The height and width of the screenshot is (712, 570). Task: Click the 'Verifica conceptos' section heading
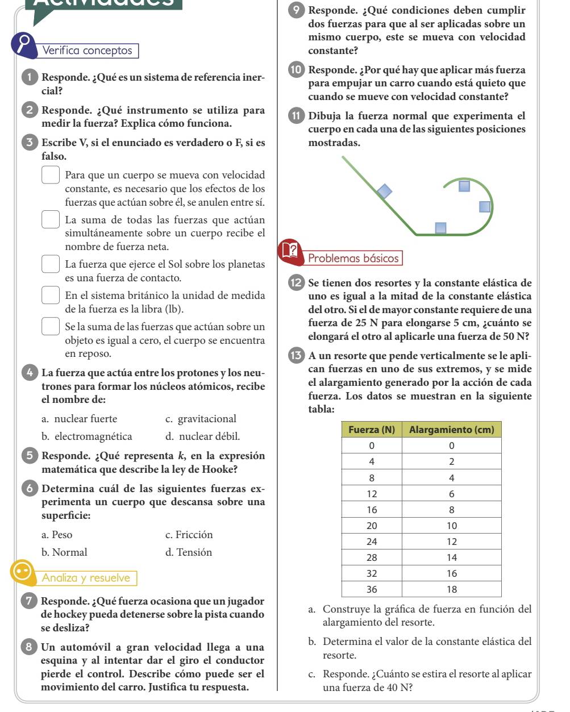tap(88, 51)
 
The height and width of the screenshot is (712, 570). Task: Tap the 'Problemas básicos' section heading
tap(353, 259)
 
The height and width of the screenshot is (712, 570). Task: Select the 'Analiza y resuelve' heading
tap(86, 578)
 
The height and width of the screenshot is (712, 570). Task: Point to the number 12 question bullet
tap(297, 283)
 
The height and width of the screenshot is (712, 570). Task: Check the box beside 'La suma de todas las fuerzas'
tap(51, 219)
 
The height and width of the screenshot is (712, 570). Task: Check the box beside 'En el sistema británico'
tap(51, 295)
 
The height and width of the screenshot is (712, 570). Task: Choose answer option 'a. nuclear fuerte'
tap(80, 419)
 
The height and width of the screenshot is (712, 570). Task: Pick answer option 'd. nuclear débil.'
tap(202, 437)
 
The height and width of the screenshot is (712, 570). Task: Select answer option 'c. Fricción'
tap(189, 535)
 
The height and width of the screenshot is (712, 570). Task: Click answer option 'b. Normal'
tap(65, 552)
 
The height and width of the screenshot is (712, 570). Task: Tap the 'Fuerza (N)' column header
tap(371, 430)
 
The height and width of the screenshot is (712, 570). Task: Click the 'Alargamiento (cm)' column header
tap(452, 430)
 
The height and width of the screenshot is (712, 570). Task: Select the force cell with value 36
tap(372, 589)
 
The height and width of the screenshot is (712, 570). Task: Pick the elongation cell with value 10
tap(452, 526)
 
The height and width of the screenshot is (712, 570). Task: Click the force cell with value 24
tap(372, 542)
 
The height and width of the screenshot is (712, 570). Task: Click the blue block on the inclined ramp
tap(385, 191)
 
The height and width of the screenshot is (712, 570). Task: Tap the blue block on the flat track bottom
tap(441, 228)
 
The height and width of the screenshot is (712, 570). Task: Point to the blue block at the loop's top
tap(465, 186)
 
